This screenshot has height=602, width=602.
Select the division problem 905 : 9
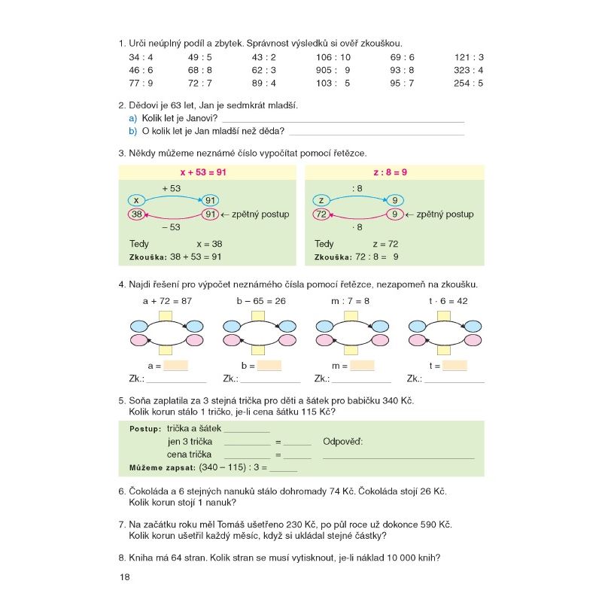tap(333, 70)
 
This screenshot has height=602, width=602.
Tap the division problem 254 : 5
tap(468, 83)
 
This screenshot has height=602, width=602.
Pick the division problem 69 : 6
tap(402, 57)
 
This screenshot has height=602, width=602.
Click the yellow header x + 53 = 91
tap(203, 172)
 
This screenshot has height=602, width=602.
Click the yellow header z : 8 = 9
tap(390, 172)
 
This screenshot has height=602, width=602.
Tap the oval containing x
tap(136, 200)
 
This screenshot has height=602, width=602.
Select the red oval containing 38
tap(136, 214)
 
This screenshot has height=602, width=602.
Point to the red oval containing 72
tap(321, 214)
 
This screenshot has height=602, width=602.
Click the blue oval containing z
tap(321, 200)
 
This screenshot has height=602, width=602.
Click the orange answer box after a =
tap(175, 366)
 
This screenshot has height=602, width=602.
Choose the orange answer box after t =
tap(455, 366)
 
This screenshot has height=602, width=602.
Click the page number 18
tap(125, 577)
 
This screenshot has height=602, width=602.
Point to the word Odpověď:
tap(342, 441)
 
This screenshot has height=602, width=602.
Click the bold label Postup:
tap(145, 429)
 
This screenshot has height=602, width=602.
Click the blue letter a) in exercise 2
tap(132, 118)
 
